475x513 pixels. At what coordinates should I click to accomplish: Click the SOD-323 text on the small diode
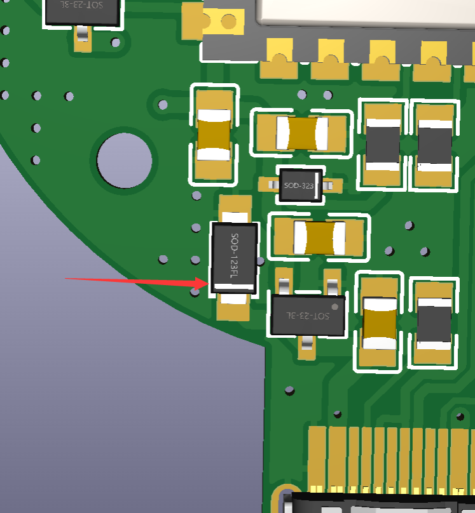pyautogui.click(x=298, y=185)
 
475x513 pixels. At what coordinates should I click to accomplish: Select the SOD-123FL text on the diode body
pyautogui.click(x=234, y=255)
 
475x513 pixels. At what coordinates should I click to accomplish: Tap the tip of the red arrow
pyautogui.click(x=209, y=284)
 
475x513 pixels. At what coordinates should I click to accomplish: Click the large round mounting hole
pyautogui.click(x=125, y=160)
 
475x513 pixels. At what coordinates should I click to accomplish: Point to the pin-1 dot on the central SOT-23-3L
pyautogui.click(x=334, y=307)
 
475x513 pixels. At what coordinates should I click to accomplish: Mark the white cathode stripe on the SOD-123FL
pyautogui.click(x=234, y=287)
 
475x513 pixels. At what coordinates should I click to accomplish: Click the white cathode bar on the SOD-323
pyautogui.click(x=316, y=185)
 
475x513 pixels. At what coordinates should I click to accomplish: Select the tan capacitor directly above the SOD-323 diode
pyautogui.click(x=301, y=133)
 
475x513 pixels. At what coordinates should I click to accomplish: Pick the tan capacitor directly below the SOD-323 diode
pyautogui.click(x=319, y=238)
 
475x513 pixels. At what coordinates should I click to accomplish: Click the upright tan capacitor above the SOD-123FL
pyautogui.click(x=214, y=135)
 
